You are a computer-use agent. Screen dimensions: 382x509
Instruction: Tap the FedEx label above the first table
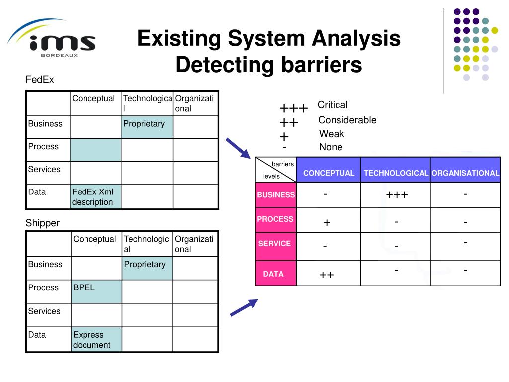pos(40,80)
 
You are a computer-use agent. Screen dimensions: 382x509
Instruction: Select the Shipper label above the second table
pos(42,223)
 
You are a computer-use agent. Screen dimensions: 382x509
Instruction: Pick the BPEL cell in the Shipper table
pos(96,291)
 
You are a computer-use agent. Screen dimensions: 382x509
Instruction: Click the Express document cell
pos(96,340)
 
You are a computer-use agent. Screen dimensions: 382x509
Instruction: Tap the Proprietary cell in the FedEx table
pos(147,127)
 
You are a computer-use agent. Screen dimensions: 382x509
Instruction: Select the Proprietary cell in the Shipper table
pos(147,268)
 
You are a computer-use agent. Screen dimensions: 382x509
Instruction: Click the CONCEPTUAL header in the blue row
pos(329,173)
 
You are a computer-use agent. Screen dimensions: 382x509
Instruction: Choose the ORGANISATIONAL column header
pos(465,173)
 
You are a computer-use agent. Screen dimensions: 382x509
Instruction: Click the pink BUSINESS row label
pos(276,195)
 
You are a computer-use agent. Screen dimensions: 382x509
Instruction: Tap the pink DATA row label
pos(273,274)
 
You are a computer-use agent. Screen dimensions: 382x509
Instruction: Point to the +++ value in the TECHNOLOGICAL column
pos(397,195)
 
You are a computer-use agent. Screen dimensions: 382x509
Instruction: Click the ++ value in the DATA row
pos(327,274)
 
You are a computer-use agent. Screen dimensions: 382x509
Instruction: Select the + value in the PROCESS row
pos(327,223)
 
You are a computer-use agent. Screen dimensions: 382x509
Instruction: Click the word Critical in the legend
pos(333,105)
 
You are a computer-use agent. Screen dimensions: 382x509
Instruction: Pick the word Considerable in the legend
pos(347,120)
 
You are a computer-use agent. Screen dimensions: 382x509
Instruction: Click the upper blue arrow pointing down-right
pos(238,148)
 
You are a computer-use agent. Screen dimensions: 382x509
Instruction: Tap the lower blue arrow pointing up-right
pos(244,307)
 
